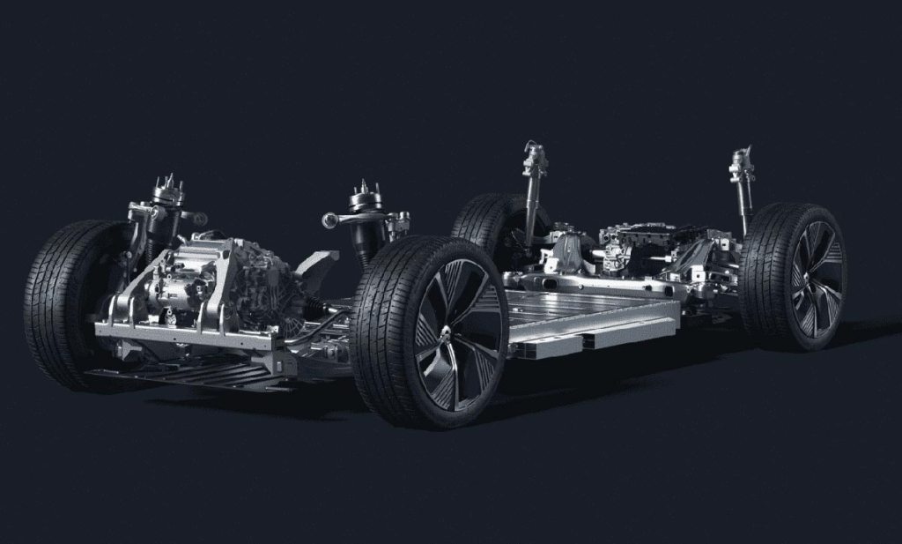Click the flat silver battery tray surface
tap(581, 304)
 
